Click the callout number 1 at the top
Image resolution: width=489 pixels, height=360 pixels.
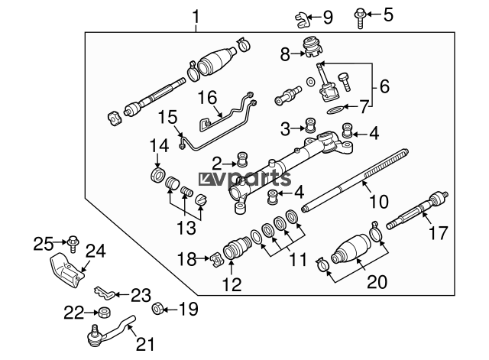[x=196, y=15]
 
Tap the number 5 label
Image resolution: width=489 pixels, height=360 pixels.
[x=388, y=14]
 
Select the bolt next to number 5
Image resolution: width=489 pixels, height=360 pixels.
[x=361, y=16]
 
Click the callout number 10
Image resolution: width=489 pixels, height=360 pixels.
[x=379, y=203]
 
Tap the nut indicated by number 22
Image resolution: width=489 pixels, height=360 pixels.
[x=101, y=312]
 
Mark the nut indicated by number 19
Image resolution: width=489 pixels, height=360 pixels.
[x=157, y=309]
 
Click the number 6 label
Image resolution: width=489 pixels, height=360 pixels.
[x=384, y=86]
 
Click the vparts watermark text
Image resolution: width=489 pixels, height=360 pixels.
[x=245, y=179]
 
